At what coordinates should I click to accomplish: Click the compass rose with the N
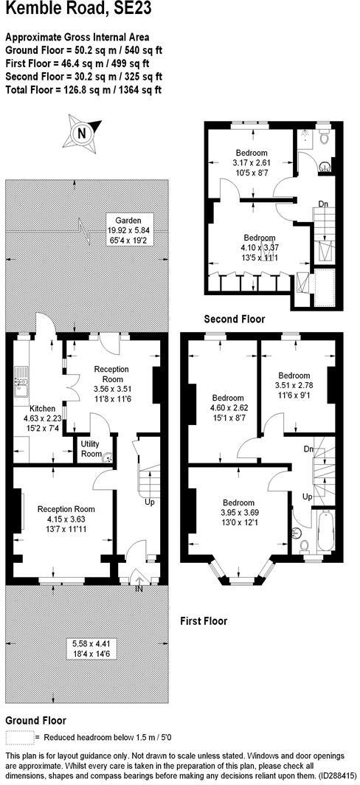pos(81,133)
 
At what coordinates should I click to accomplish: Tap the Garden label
pos(118,220)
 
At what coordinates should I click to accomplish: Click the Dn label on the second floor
pos(323,203)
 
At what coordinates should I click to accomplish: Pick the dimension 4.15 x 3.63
pos(66,519)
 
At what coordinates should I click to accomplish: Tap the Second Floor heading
pos(234,319)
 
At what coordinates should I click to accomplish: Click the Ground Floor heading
pos(35,720)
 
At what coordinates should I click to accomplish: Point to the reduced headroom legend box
pos(19,737)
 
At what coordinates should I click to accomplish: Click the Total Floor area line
pos(83,90)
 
